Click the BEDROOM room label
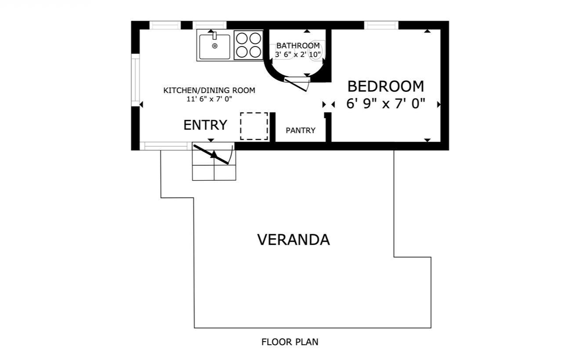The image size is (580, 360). tap(385, 86)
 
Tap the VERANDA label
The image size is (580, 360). tap(294, 240)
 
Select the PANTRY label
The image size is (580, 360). tap(301, 130)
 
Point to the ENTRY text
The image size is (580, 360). tap(205, 125)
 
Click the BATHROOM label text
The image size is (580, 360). tap(298, 46)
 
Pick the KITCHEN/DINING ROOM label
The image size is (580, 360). tap(209, 91)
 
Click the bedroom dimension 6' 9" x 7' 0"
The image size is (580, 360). tap(386, 104)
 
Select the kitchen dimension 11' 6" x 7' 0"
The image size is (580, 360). tap(209, 99)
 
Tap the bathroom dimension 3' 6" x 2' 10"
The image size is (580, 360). tap(298, 55)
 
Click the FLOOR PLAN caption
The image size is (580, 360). tap(290, 342)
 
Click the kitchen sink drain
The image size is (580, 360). tap(215, 46)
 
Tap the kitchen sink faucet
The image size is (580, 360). tap(214, 36)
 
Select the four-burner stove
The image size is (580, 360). tap(249, 45)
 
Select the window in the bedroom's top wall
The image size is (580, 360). tap(381, 25)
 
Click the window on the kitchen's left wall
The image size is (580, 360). tap(135, 80)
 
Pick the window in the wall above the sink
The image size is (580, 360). tap(210, 25)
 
